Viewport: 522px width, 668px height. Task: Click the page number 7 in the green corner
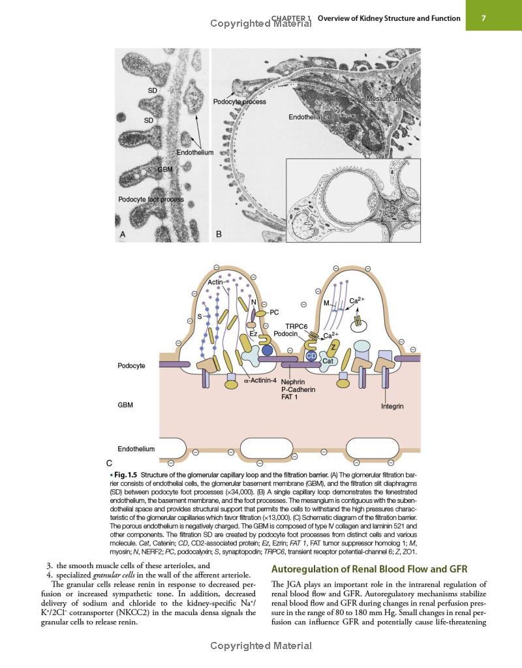(x=484, y=18)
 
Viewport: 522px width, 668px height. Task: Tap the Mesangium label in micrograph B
(x=384, y=99)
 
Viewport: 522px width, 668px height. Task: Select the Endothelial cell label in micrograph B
(x=311, y=117)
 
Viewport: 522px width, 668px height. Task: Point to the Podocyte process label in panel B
(x=239, y=102)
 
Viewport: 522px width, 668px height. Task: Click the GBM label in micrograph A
(x=165, y=169)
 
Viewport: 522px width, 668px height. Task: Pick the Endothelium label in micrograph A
(x=194, y=153)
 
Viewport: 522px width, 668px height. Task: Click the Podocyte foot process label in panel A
(x=151, y=200)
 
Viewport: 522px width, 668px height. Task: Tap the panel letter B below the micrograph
(x=219, y=234)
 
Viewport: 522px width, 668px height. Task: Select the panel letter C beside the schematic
(x=109, y=463)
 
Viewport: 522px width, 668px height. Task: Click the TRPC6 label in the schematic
(x=296, y=326)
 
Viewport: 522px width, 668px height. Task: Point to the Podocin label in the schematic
(x=286, y=333)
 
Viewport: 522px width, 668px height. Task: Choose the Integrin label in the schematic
(x=392, y=406)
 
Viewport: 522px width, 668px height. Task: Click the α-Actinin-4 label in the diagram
(x=260, y=380)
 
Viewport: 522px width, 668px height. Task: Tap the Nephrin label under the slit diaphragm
(x=293, y=382)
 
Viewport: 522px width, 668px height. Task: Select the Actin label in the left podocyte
(x=215, y=282)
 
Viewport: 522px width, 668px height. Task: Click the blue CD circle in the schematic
(x=311, y=356)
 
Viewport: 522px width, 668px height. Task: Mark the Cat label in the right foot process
(x=328, y=361)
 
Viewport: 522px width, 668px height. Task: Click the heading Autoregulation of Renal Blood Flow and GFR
(x=369, y=569)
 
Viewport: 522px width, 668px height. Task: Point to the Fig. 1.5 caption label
(x=126, y=475)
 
